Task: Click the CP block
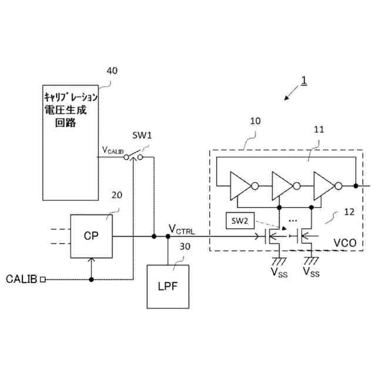coord(90,236)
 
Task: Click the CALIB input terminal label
coord(22,279)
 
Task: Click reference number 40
coord(111,70)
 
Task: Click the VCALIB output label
coord(113,150)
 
